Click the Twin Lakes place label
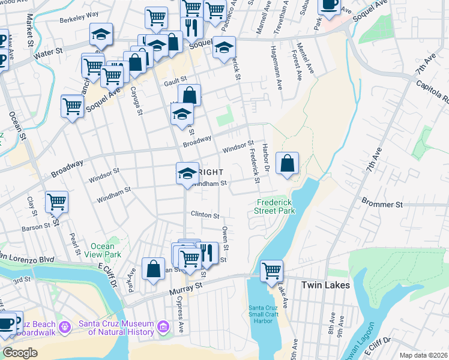coord(325,286)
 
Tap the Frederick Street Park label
coord(276,207)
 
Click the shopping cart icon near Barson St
coord(56,202)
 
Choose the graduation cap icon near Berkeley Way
coord(101,34)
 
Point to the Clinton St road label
coord(205,214)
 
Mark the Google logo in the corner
coord(20,353)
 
